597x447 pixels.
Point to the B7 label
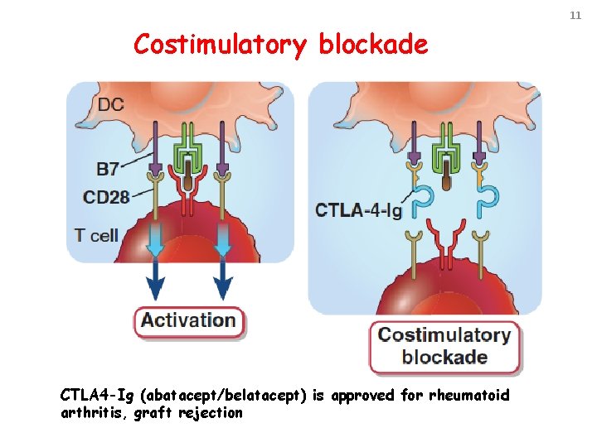(x=107, y=170)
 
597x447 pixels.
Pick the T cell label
(x=97, y=235)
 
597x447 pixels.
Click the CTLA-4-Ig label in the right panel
(x=358, y=210)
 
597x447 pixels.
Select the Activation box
(x=189, y=320)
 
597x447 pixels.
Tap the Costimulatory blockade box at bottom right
(x=444, y=346)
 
